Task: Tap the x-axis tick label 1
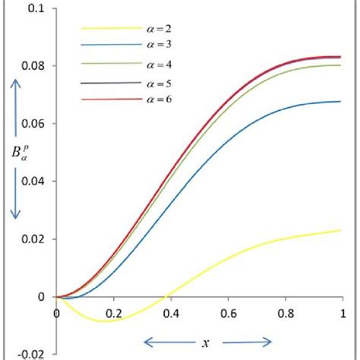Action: (343, 311)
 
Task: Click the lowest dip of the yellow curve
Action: (105, 321)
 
